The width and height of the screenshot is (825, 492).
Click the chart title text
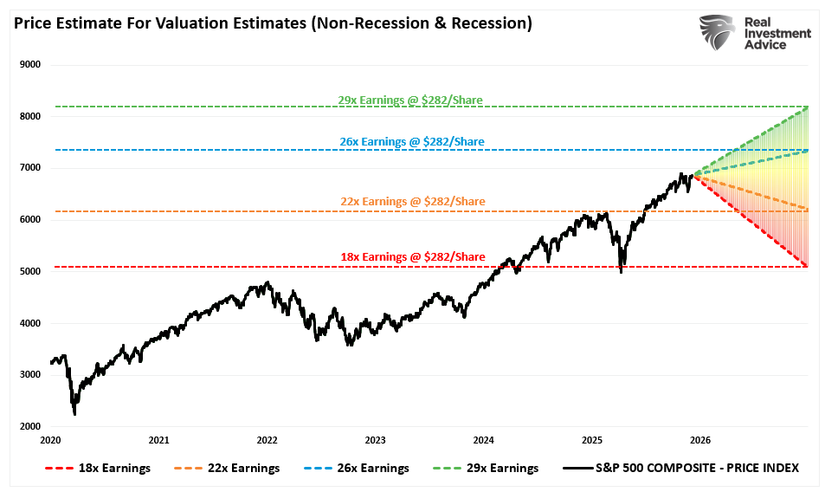pyautogui.click(x=273, y=23)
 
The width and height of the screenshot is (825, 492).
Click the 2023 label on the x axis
pyautogui.click(x=375, y=440)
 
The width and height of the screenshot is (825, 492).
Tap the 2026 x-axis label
pyautogui.click(x=700, y=440)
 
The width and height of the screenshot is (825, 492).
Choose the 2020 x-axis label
pyautogui.click(x=50, y=440)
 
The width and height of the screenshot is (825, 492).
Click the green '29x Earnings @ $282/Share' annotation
pyautogui.click(x=409, y=100)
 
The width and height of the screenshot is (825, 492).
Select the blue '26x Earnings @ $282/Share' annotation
pyautogui.click(x=411, y=141)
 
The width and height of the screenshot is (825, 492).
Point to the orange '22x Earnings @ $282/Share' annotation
pyautogui.click(x=412, y=201)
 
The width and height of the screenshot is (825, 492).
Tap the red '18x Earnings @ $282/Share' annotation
pyautogui.click(x=411, y=257)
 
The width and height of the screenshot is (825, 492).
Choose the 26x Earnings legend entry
pyautogui.click(x=355, y=468)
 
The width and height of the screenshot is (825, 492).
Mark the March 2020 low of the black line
pyautogui.click(x=74, y=414)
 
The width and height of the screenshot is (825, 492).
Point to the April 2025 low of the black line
pyautogui.click(x=621, y=272)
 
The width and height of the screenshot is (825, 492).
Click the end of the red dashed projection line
pyautogui.click(x=807, y=266)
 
